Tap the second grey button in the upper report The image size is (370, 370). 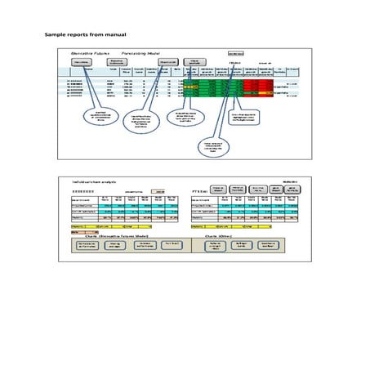[116, 62]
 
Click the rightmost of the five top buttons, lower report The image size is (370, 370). [293, 189]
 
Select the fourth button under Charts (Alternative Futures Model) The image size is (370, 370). [171, 245]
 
